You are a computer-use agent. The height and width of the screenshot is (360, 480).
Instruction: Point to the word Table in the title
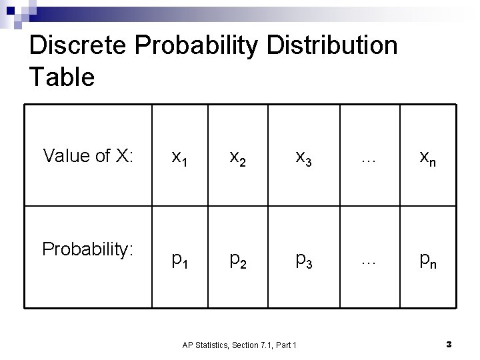62,77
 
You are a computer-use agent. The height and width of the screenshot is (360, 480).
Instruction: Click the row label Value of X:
89,156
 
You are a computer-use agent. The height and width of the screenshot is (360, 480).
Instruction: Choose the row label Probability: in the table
89,249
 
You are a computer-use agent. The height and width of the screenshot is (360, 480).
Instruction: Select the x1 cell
179,157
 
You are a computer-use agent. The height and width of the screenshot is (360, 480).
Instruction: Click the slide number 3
449,344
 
